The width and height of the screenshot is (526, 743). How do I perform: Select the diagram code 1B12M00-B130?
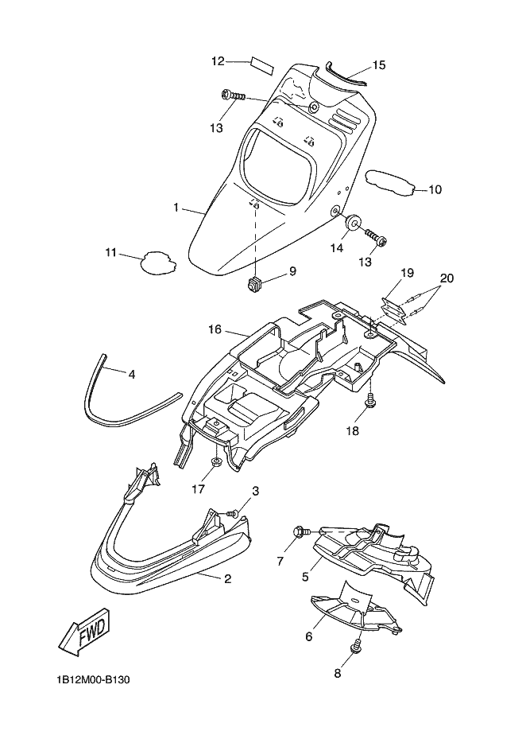click(x=93, y=680)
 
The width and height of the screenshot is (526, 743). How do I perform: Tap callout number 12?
click(x=218, y=61)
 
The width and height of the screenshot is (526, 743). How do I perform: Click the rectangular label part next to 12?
click(x=262, y=64)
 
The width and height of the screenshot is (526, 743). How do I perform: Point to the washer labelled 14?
click(x=353, y=223)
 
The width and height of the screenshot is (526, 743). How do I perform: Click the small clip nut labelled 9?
click(x=254, y=284)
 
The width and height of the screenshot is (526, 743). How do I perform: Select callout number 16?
click(x=215, y=329)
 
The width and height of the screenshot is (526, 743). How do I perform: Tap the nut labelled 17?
click(x=216, y=462)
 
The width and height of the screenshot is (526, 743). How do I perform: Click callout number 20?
click(x=447, y=278)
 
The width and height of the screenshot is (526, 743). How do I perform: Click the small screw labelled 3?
click(x=233, y=513)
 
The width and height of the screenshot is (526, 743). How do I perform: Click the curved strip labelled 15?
click(x=345, y=73)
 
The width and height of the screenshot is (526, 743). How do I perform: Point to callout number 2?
click(x=227, y=578)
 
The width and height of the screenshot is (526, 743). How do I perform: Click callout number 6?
click(x=309, y=636)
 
